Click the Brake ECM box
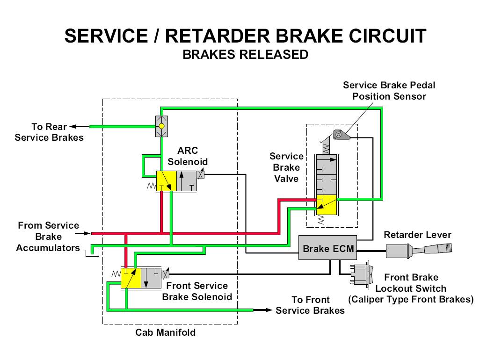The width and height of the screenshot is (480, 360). (328, 248)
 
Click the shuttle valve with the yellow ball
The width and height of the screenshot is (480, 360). (161, 126)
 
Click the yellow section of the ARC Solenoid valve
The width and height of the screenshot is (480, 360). (166, 181)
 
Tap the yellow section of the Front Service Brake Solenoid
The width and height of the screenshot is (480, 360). (131, 278)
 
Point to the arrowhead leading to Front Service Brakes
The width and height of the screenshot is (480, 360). (269, 310)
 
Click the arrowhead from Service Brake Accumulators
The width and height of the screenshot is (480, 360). (87, 233)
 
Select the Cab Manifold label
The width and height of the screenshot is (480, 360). (165, 333)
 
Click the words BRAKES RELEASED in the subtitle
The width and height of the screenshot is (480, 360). (245, 55)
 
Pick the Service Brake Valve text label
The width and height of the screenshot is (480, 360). (286, 167)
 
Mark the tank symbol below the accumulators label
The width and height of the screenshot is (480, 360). (92, 253)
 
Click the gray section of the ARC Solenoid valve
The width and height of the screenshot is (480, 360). (187, 181)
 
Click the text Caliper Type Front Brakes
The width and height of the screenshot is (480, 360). (411, 300)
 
